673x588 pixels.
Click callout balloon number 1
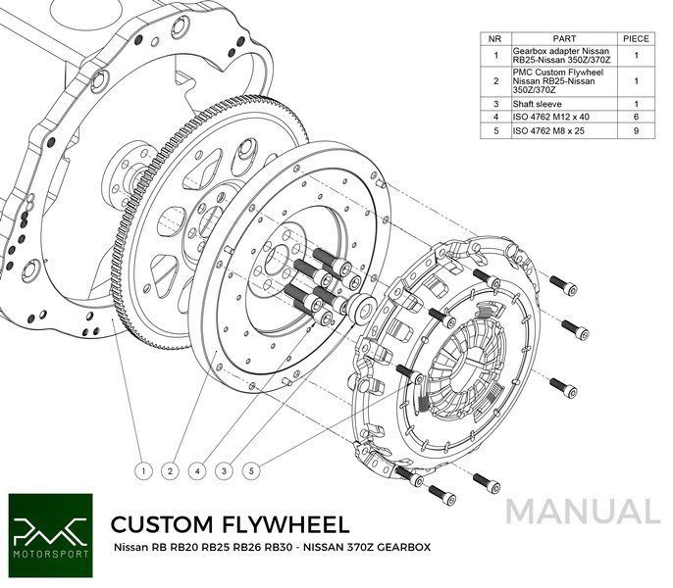pyautogui.click(x=143, y=471)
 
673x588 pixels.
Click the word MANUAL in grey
pyautogui.click(x=584, y=513)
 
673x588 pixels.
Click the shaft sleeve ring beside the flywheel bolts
pyautogui.click(x=361, y=307)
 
